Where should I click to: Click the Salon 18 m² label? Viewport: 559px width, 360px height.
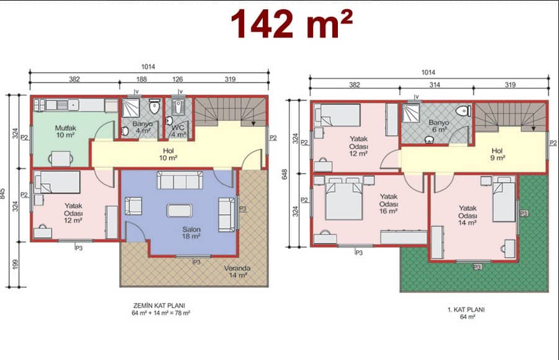[191, 233]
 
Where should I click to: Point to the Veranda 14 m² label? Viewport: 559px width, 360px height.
[237, 272]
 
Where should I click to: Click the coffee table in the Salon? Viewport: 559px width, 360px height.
[180, 210]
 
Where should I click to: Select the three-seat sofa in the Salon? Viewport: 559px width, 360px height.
[180, 180]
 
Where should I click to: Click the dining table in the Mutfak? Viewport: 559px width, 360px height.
[61, 159]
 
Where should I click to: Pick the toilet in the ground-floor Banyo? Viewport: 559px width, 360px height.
[155, 106]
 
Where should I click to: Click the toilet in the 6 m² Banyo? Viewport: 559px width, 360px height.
[463, 111]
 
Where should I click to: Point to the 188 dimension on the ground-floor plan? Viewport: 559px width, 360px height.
[142, 79]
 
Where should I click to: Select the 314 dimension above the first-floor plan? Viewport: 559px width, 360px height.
[435, 85]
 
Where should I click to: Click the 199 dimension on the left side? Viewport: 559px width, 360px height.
[15, 264]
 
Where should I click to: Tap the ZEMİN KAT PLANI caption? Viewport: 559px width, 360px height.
[159, 305]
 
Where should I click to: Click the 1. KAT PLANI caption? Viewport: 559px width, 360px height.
[466, 309]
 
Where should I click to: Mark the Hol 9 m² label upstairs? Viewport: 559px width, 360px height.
[498, 155]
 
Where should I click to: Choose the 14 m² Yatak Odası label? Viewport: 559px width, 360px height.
[467, 215]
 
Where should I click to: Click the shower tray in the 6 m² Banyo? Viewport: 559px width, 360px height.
[411, 113]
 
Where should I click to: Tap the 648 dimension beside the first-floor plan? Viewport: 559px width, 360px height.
[284, 174]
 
